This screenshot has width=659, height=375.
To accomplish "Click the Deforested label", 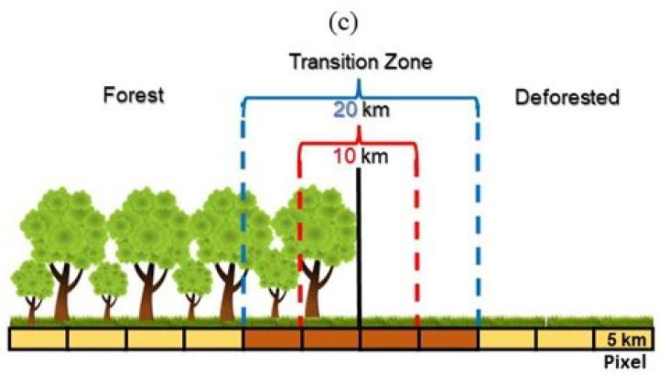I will point(567,96).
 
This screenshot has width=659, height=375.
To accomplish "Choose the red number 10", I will point(343,155).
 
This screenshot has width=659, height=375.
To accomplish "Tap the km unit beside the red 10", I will point(374,155).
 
